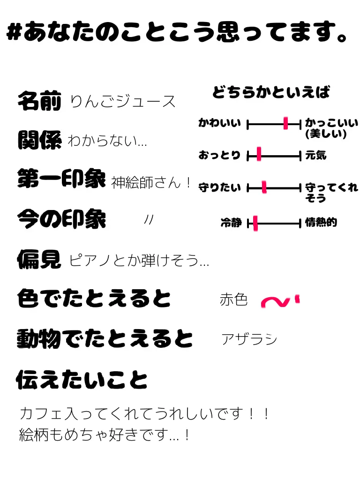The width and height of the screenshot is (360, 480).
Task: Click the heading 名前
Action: coord(39,101)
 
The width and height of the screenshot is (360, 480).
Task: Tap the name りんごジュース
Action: coord(123,101)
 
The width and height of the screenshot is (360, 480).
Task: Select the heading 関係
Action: coord(39,140)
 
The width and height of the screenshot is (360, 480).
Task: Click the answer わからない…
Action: coord(107,141)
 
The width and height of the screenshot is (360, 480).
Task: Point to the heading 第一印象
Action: coord(61,179)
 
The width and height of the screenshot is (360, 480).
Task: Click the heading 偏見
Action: coord(39,259)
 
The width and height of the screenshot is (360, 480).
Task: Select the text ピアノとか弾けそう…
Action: coord(139,260)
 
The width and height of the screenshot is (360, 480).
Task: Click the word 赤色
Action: coord(233,300)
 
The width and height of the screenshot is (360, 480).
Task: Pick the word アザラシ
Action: coord(249,339)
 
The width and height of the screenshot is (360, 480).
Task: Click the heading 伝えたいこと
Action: coord(82,379)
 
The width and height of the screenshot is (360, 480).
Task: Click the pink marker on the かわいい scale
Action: coord(285,124)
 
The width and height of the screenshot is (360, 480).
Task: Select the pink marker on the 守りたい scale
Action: coord(264,187)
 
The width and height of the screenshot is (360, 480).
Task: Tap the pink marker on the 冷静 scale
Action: coord(255,224)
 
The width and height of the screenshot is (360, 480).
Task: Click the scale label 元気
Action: coord(315,155)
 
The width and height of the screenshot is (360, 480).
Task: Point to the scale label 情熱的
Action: coord(321,223)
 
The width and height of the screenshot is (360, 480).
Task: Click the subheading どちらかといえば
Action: coord(271,92)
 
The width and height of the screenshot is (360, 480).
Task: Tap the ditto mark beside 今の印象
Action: coord(149,219)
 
